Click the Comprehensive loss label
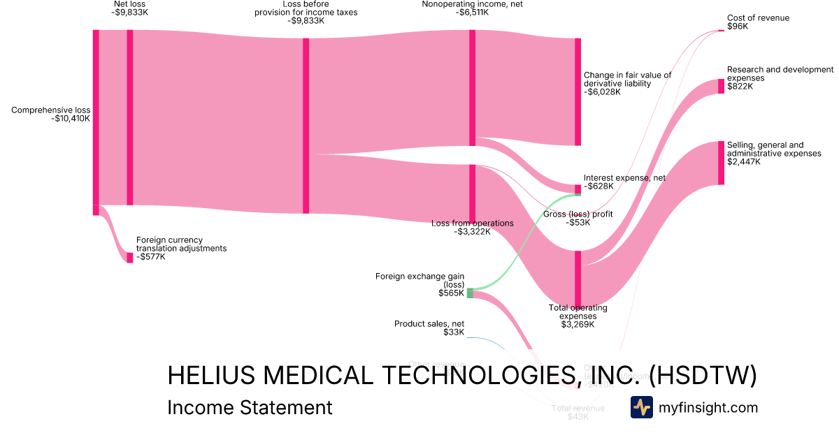(50, 110)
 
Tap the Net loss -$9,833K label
(129, 8)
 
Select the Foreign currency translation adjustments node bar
(129, 258)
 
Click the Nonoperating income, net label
(472, 4)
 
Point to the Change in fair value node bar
(578, 91)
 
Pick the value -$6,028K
(603, 92)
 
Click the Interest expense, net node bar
(578, 189)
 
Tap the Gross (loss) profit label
(578, 214)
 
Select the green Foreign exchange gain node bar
(470, 293)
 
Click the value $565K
(451, 293)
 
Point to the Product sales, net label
(429, 324)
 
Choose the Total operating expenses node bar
(578, 279)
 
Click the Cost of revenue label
(758, 18)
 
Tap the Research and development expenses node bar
(722, 86)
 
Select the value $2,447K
(743, 162)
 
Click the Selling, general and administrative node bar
(722, 163)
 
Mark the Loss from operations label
(472, 223)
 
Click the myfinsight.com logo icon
(641, 407)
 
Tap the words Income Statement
(250, 407)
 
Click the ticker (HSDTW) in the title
(703, 375)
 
